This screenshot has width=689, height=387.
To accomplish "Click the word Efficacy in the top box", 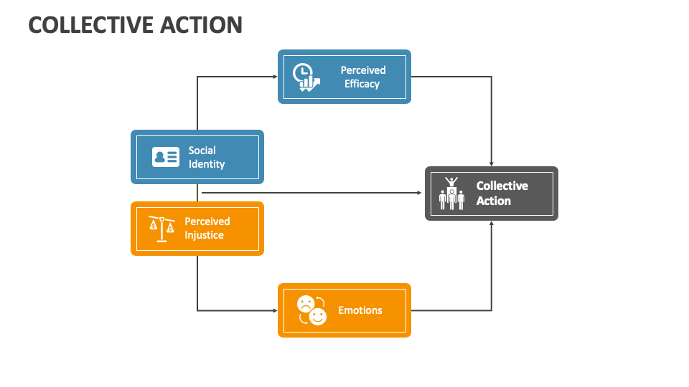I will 362,84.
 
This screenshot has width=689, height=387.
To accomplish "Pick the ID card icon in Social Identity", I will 166,157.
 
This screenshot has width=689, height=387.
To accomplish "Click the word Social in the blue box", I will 202,150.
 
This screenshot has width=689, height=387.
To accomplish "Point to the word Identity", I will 207,164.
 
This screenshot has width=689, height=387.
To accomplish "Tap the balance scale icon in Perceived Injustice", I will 161,229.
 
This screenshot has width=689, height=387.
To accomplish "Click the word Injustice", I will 205,235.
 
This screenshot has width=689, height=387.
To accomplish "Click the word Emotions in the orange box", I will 360,310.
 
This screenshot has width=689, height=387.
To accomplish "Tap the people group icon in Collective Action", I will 451,193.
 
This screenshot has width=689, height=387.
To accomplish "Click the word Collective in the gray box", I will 502,186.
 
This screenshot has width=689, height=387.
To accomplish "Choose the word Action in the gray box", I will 494,201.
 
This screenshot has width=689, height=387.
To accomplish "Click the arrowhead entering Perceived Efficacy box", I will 275,77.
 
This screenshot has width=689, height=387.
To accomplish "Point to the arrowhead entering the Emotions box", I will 275,310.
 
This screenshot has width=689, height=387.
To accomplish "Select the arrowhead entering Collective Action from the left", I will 421,193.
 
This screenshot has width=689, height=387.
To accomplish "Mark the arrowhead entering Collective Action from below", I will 492,224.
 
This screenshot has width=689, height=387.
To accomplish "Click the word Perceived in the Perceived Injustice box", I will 207,221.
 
